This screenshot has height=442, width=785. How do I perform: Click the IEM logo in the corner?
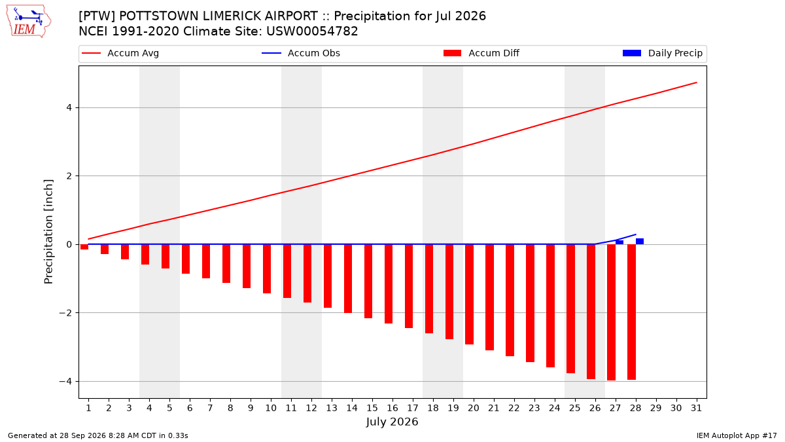[x=29, y=22]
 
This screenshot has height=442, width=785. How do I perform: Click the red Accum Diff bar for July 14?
[x=348, y=278]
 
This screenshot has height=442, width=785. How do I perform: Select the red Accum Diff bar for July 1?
[x=84, y=247]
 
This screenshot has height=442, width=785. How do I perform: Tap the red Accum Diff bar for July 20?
[x=470, y=294]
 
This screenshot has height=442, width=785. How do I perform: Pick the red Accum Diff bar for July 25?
[x=571, y=308]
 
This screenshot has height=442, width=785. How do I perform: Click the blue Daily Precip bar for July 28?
[x=640, y=242]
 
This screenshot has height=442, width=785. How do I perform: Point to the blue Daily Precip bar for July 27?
[x=619, y=242]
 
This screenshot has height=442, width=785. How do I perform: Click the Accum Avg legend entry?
[x=120, y=53]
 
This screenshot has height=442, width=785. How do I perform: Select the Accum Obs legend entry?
[x=301, y=53]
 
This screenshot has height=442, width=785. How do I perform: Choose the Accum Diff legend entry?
[x=481, y=53]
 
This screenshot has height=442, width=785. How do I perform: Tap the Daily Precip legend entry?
[x=663, y=53]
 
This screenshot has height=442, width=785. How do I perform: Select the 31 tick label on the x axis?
[x=696, y=408]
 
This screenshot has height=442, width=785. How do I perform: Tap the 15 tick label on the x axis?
[x=372, y=408]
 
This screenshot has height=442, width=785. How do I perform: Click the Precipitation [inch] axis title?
[x=48, y=232]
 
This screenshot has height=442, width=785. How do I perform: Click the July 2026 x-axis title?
[x=392, y=422]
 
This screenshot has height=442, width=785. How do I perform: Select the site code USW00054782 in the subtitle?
[x=312, y=31]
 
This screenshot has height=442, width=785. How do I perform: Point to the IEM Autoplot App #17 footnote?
[x=737, y=435]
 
